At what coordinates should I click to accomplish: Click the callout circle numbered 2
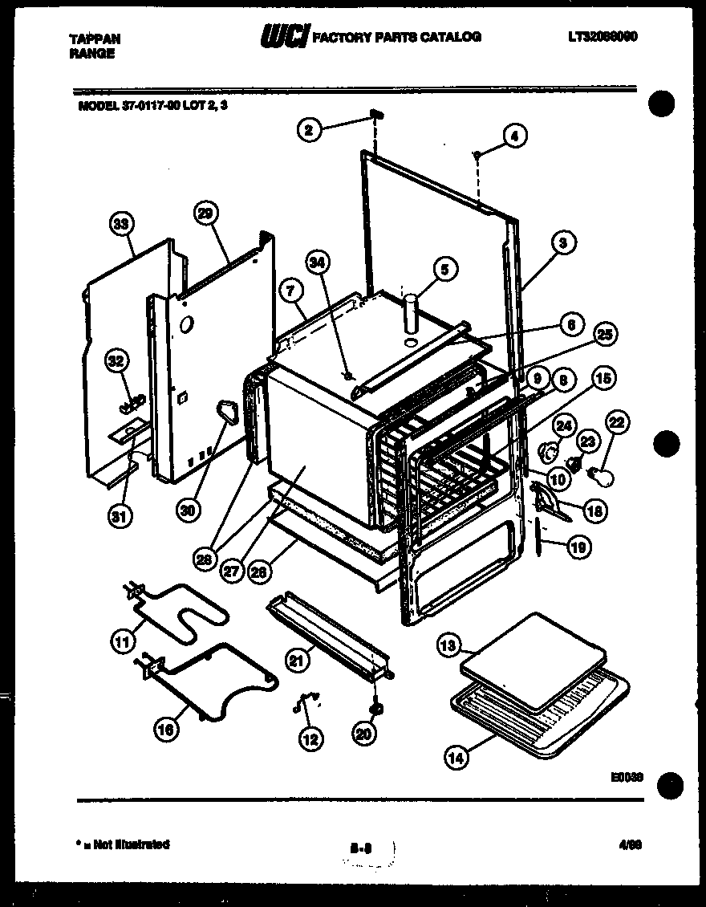tap(308, 128)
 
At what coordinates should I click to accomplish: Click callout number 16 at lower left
tap(166, 729)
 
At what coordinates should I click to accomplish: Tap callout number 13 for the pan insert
tap(449, 644)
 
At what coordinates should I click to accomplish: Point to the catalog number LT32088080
tap(602, 37)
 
